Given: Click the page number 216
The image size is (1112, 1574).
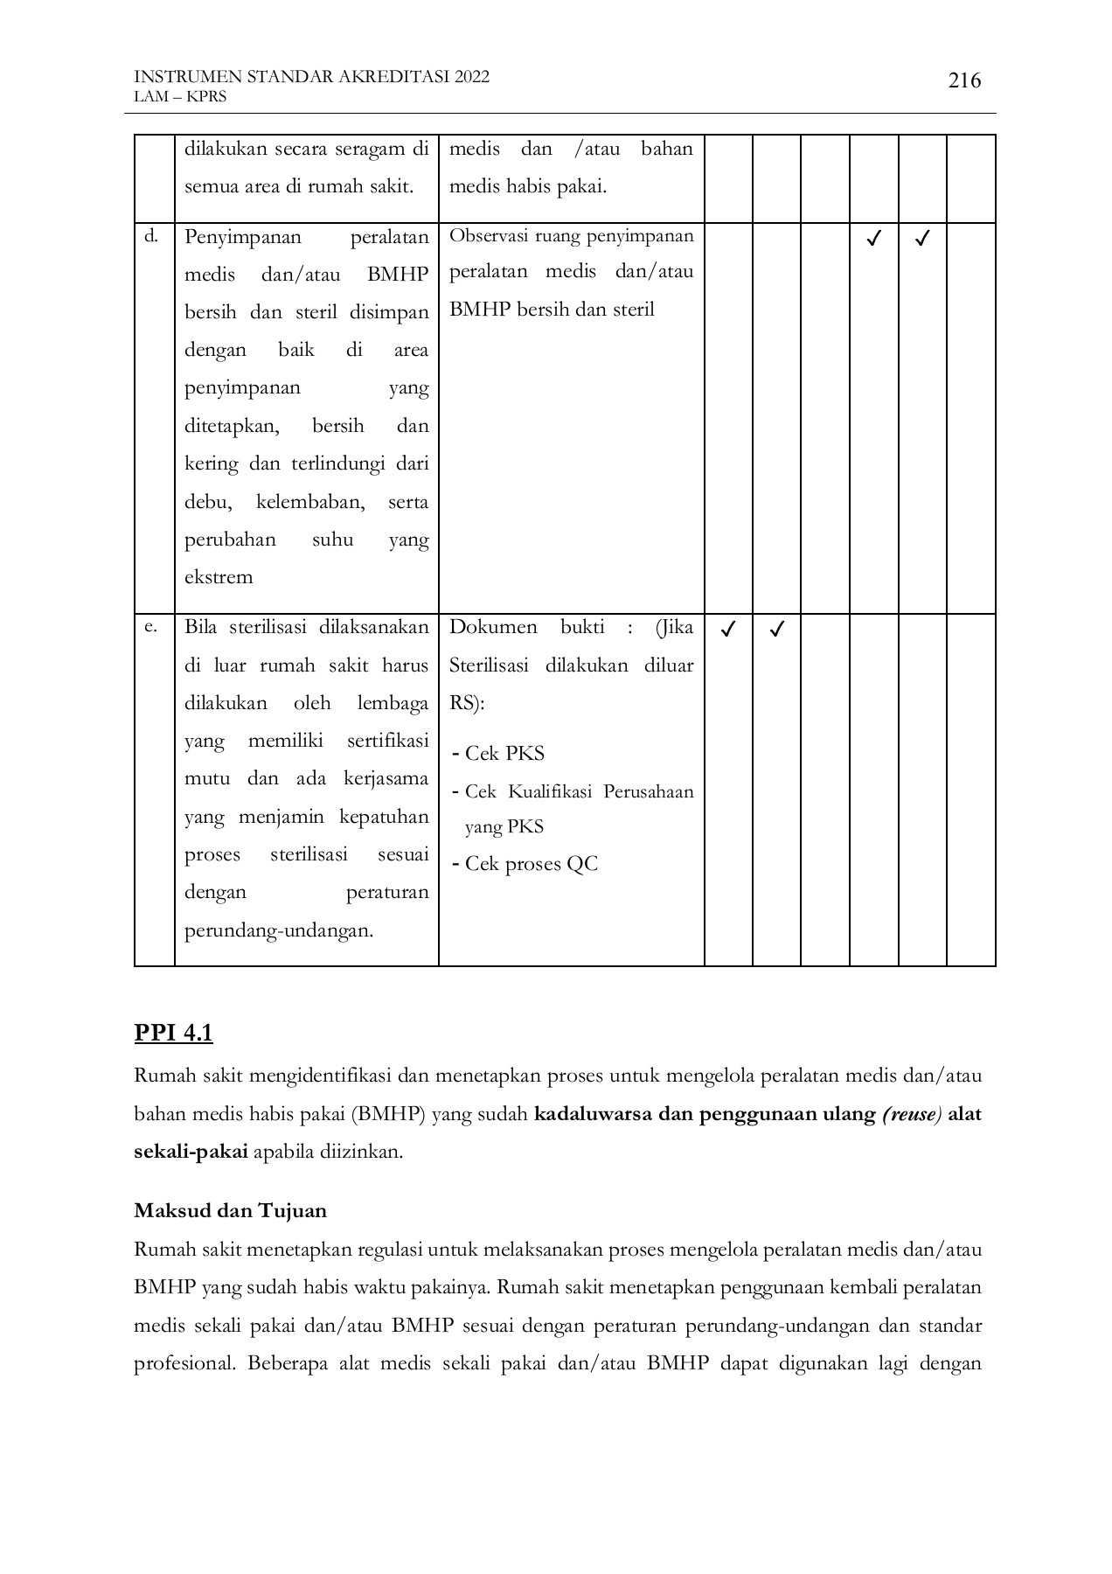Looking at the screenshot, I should (x=964, y=81).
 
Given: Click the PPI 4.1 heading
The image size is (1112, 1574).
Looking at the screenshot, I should (x=173, y=1033).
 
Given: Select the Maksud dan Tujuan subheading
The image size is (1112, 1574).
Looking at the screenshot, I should (x=230, y=1211).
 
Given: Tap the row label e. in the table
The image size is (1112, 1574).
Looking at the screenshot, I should (x=150, y=626).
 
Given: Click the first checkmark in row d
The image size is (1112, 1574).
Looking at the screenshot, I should (x=872, y=238).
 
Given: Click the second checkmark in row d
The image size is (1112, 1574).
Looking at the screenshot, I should (x=921, y=238).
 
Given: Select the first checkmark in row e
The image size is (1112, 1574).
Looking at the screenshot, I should (x=727, y=629).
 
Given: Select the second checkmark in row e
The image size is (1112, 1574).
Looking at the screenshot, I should (x=776, y=629).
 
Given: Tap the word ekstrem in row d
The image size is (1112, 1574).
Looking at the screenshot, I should (x=219, y=577).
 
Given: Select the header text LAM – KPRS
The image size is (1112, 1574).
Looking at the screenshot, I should (x=180, y=96).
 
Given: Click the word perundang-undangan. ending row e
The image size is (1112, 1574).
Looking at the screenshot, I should (x=279, y=930).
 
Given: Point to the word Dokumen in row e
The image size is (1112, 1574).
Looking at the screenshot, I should (x=493, y=627).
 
